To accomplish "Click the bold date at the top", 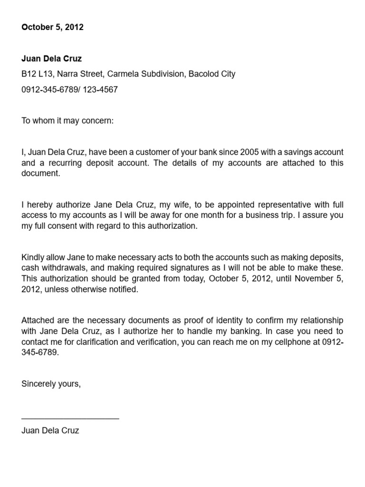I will [52, 27].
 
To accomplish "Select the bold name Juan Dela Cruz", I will [51, 59].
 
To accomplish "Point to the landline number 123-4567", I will [101, 89].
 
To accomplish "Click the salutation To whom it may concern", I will [67, 121].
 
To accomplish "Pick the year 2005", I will [250, 152].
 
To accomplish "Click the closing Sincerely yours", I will [51, 384].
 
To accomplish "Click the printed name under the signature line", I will [50, 430].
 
